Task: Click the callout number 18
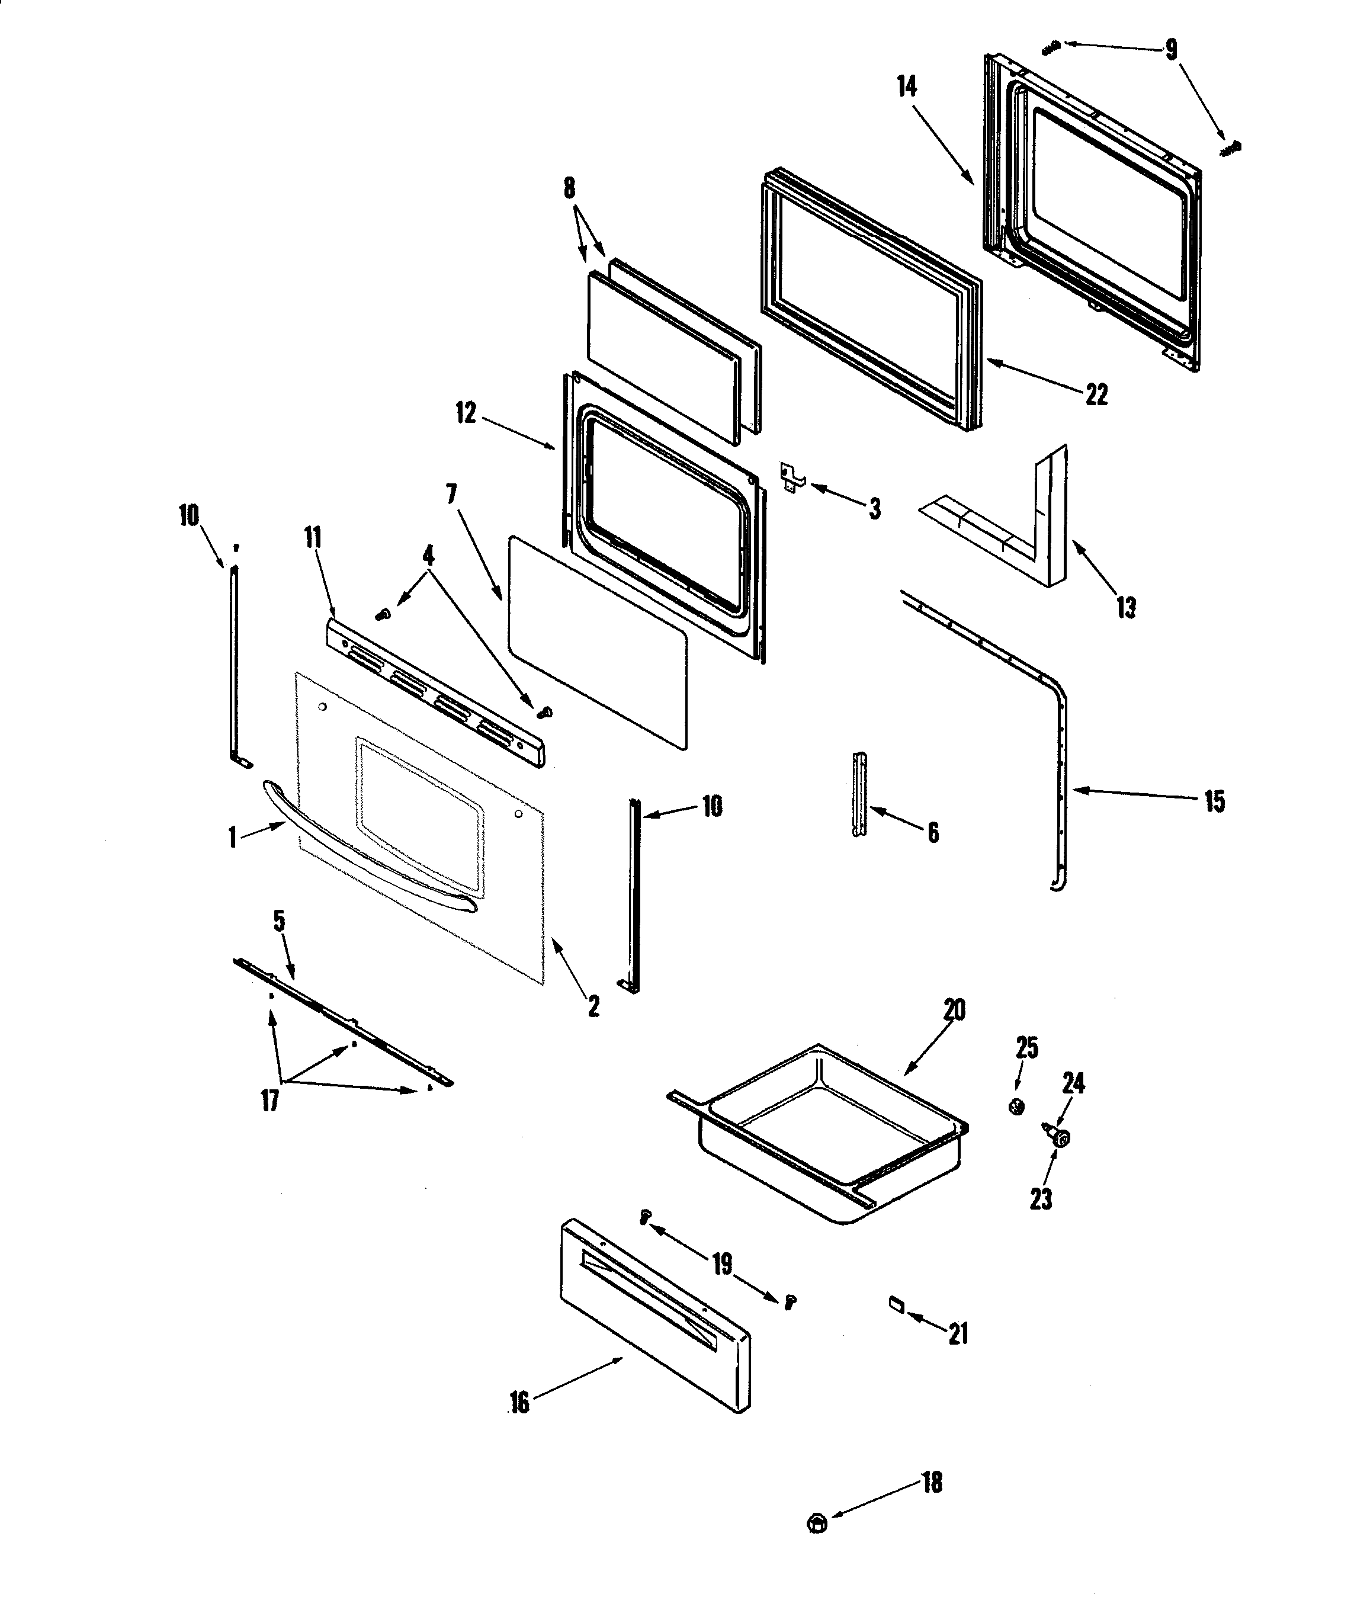[932, 1482]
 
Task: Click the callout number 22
[1096, 395]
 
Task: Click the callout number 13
[1126, 607]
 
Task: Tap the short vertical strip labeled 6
[859, 794]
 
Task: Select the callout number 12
[465, 413]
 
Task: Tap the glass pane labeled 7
[596, 643]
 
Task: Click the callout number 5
[279, 921]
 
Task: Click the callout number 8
[570, 188]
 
